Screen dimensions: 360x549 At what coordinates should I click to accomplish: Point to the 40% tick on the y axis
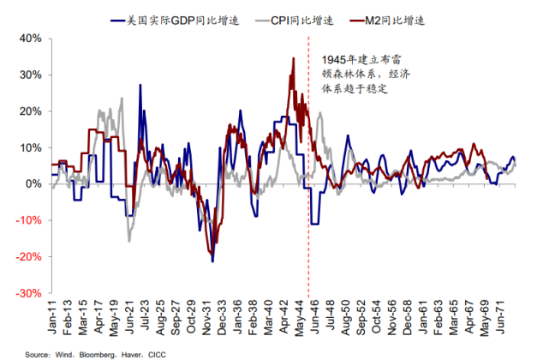[x=30, y=39]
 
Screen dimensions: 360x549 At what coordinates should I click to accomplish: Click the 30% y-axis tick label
[x=30, y=75]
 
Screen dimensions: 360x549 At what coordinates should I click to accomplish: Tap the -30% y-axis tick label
[x=28, y=292]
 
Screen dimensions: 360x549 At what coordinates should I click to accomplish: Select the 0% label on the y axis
[x=33, y=183]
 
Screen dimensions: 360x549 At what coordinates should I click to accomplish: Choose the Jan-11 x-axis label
[x=54, y=319]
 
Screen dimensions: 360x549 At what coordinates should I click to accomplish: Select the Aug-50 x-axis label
[x=344, y=319]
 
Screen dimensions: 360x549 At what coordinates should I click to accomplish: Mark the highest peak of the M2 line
[x=294, y=58]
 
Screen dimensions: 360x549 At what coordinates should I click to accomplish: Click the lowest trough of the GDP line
[x=212, y=261]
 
